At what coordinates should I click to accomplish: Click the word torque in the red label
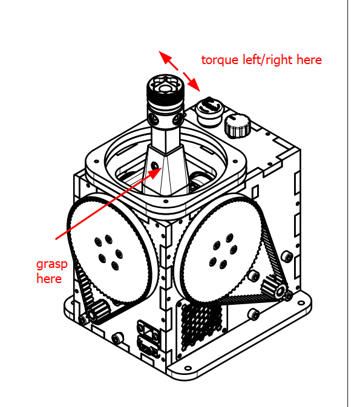coord(220,60)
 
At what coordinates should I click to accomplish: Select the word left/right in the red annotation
coord(267,59)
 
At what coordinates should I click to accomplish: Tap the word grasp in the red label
coord(52,265)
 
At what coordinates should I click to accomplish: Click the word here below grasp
coord(49,279)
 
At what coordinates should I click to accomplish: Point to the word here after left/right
coord(309,60)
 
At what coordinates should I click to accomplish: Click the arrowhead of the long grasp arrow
coord(155,172)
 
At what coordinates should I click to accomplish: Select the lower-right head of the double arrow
coord(194,85)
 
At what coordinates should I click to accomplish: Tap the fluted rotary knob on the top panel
coord(237,126)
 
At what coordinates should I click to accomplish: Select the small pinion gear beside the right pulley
coord(273,287)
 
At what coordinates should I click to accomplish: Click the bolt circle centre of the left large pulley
coord(108,252)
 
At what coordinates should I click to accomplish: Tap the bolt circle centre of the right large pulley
coord(223,250)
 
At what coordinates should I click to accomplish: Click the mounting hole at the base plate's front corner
coord(188,368)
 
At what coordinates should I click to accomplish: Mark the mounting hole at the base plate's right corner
coord(301,303)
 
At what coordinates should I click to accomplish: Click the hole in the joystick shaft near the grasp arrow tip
coord(154,165)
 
